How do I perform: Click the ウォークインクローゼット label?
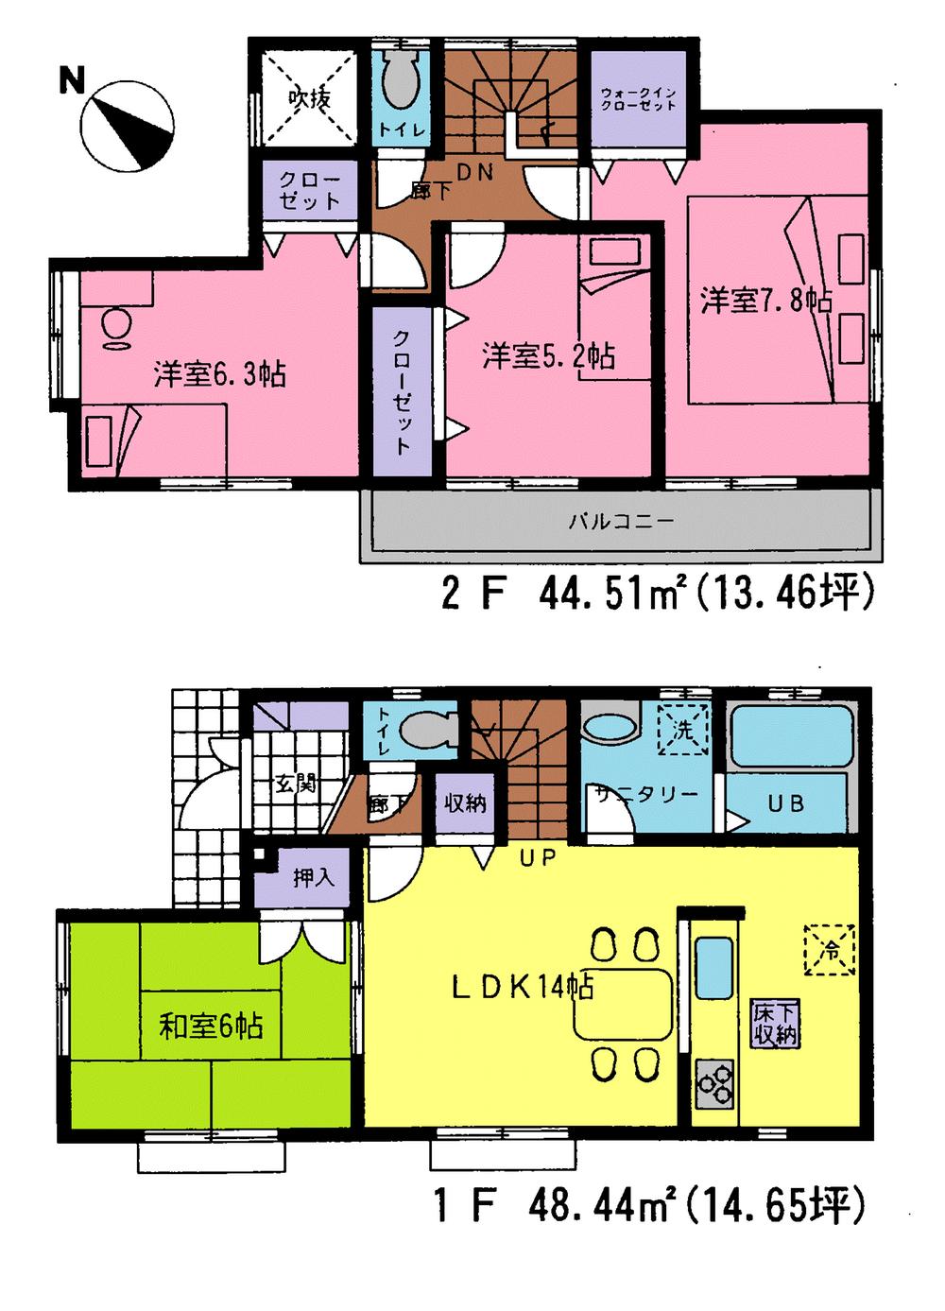point(639,98)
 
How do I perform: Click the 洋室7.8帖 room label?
point(765,301)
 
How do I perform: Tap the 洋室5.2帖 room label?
point(548,356)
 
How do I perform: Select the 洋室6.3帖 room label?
point(220,374)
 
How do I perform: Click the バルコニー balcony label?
point(621,521)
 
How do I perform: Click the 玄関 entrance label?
point(295,784)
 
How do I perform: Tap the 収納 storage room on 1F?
point(465,803)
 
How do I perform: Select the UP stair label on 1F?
point(537,858)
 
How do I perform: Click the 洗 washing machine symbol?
point(682,730)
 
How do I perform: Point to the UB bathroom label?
point(785,803)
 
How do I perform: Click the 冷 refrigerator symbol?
point(829,949)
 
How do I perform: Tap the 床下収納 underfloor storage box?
point(775,1023)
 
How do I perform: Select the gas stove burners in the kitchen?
point(714,1083)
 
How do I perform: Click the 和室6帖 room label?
point(210,1026)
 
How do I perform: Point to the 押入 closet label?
point(313,878)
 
